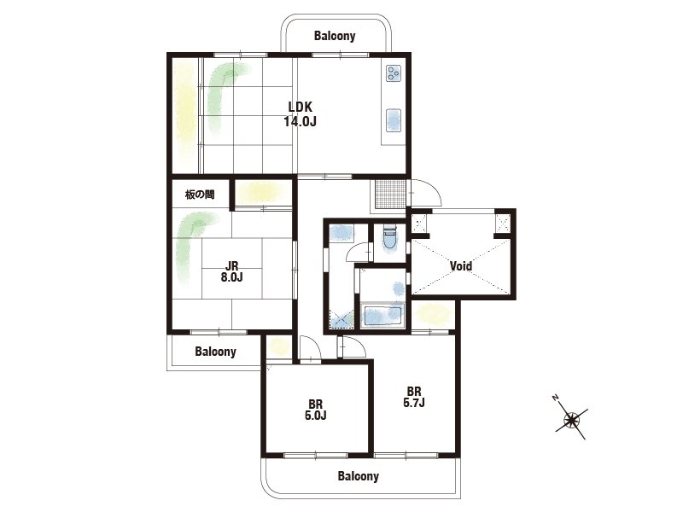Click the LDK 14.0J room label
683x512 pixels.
301,113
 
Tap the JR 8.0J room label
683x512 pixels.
231,271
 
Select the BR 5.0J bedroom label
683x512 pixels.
315,410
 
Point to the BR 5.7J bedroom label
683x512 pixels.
414,397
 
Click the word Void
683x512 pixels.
461,265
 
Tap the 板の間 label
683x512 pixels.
200,195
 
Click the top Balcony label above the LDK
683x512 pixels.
335,36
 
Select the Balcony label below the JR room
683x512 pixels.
216,352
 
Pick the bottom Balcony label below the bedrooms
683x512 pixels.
358,476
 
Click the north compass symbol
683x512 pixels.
571,420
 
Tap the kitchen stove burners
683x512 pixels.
394,73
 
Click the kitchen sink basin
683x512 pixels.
394,120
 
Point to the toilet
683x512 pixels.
389,238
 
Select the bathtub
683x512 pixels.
382,316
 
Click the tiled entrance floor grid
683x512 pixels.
388,195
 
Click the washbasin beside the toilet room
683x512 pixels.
341,233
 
